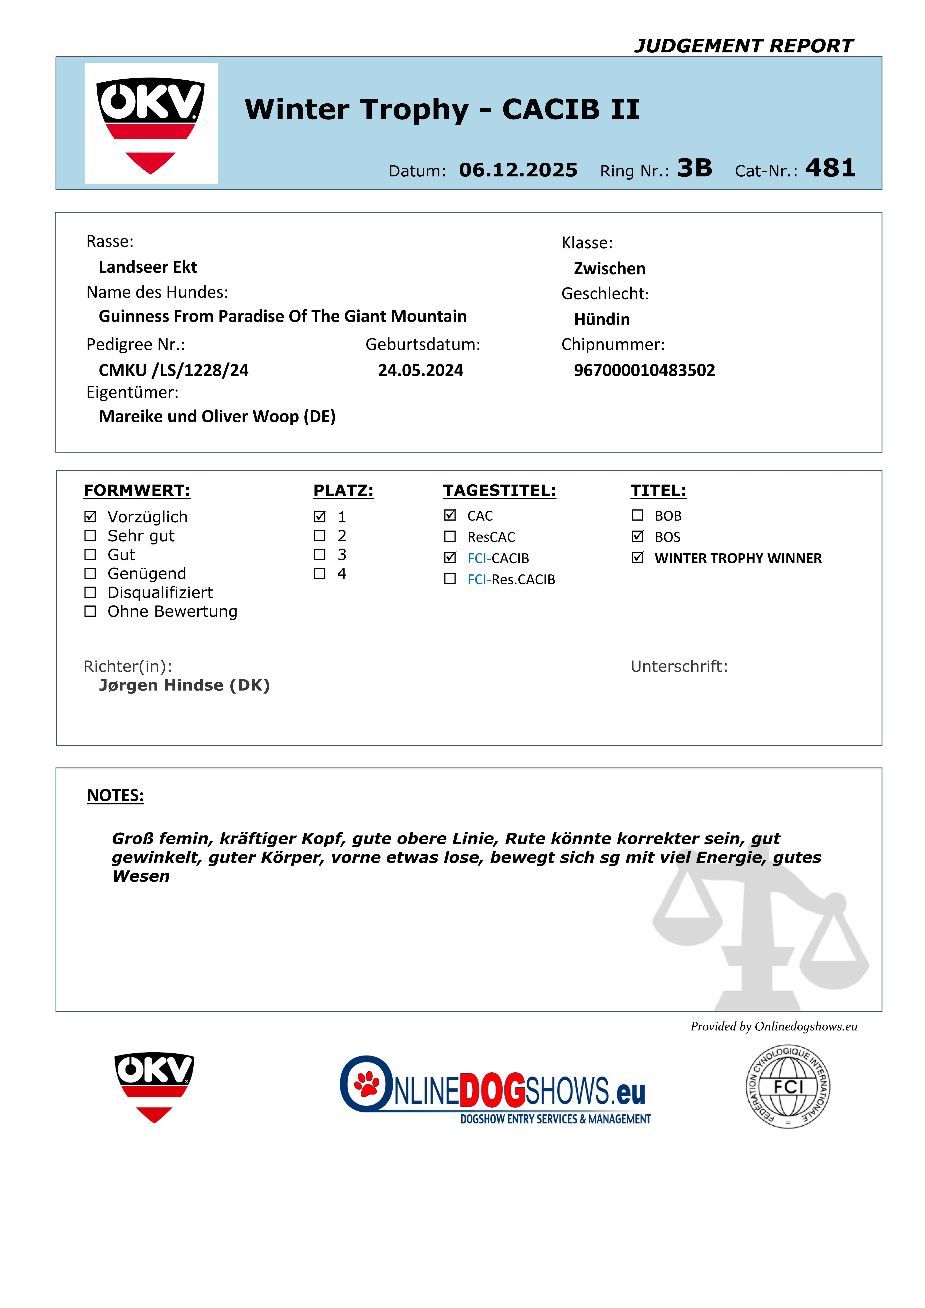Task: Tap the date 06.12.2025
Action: point(518,170)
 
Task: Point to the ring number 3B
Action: point(694,168)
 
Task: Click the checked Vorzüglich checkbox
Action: point(90,517)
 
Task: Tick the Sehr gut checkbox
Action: point(90,536)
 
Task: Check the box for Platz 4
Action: point(320,573)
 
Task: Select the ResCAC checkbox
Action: point(450,537)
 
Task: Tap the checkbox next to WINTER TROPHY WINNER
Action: point(637,558)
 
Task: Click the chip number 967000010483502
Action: point(644,370)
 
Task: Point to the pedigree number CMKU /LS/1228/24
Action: point(174,370)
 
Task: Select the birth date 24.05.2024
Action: point(420,370)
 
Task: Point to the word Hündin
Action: point(601,319)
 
